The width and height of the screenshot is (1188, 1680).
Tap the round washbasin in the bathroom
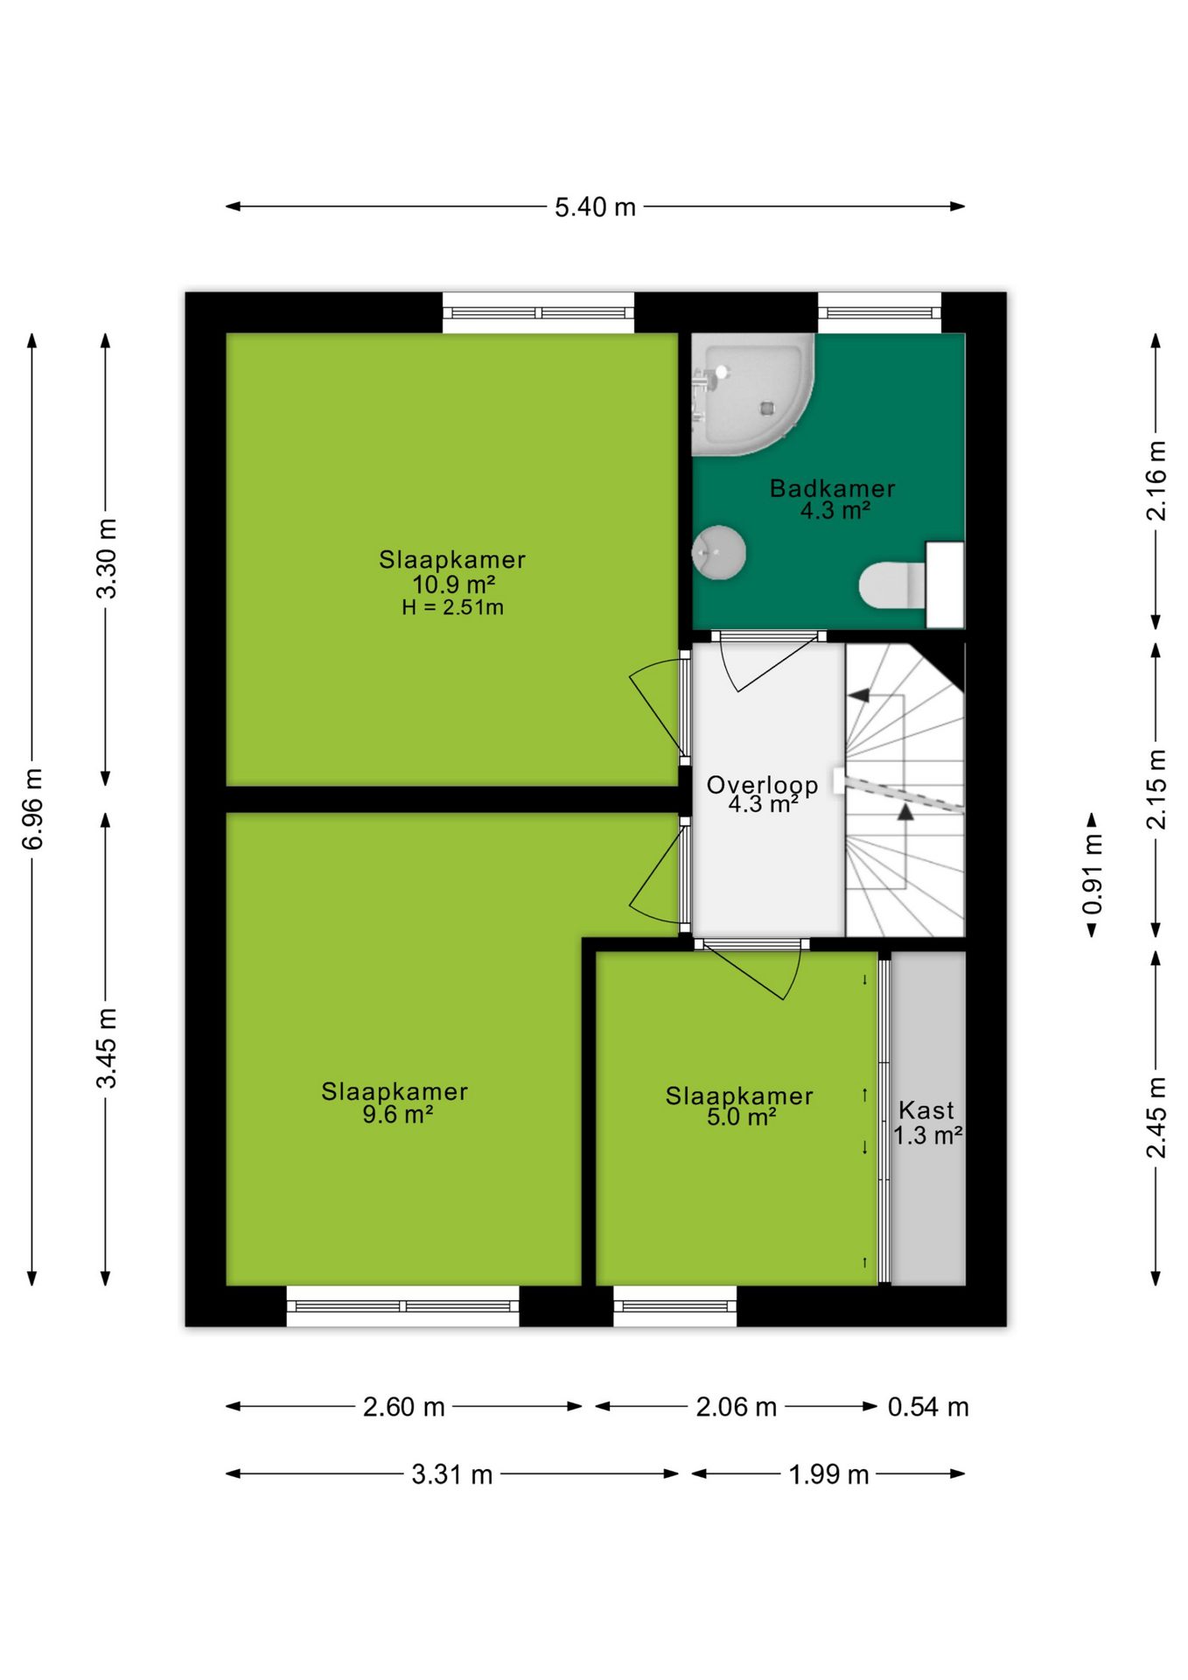click(718, 552)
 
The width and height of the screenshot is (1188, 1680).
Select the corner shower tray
click(752, 395)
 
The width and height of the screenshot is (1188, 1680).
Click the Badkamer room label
click(832, 488)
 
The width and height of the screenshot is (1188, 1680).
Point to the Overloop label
click(762, 786)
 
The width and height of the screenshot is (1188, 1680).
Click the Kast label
click(926, 1110)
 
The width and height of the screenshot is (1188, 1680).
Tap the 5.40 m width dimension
click(595, 207)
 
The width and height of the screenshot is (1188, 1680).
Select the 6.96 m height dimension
click(32, 809)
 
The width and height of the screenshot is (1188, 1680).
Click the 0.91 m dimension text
click(1093, 874)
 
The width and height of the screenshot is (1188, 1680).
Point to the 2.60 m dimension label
click(404, 1407)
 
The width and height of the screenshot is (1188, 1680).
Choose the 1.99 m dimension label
click(828, 1474)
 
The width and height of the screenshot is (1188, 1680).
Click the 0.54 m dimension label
click(928, 1407)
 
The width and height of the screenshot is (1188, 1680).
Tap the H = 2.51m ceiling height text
click(452, 607)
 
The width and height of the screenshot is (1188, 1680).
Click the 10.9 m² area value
click(454, 584)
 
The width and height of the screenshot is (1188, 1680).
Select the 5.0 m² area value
click(742, 1117)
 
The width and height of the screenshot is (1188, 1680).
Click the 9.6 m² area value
click(398, 1115)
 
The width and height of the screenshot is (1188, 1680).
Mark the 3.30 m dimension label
click(106, 559)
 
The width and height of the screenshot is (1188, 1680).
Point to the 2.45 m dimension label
click(1156, 1117)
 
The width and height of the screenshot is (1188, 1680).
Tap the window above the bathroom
click(879, 312)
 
